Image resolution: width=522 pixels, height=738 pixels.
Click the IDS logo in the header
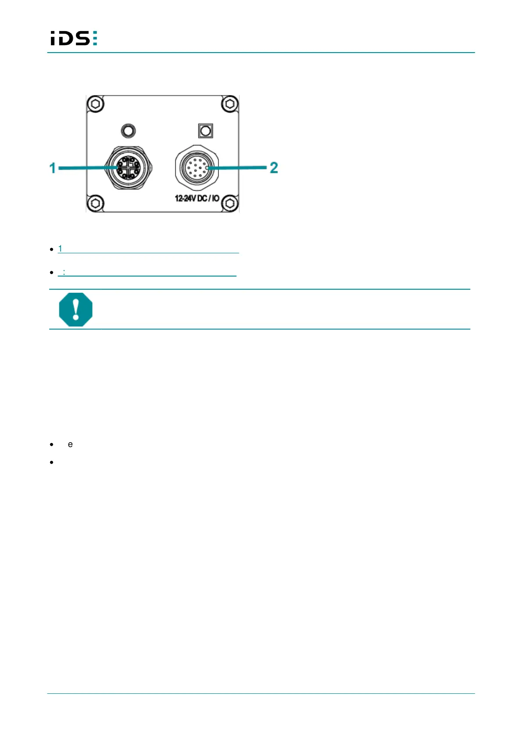[74, 38]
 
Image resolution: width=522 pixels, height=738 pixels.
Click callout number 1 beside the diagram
[53, 168]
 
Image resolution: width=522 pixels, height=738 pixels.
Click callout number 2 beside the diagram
[274, 167]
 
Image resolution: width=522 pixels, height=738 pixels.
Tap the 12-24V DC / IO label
[197, 199]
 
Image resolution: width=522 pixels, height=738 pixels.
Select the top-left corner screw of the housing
[96, 104]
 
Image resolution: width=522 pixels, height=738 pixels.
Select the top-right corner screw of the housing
[229, 104]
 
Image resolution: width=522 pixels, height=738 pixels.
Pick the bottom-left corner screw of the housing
[96, 203]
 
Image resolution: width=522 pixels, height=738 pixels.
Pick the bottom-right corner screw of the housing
[229, 203]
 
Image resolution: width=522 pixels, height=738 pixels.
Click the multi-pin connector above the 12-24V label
[196, 168]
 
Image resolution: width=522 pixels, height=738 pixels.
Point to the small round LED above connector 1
[129, 131]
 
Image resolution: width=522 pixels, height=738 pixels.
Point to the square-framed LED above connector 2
[205, 131]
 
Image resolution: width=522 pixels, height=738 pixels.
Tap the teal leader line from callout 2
[239, 167]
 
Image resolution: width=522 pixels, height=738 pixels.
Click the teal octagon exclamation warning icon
[76, 309]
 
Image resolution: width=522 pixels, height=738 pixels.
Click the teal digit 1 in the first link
[60, 248]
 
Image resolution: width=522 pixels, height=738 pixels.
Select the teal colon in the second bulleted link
[64, 272]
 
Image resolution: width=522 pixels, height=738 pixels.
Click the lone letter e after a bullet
[70, 444]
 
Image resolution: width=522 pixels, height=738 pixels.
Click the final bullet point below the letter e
[52, 462]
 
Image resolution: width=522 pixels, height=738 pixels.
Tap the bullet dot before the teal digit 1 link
[52, 249]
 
